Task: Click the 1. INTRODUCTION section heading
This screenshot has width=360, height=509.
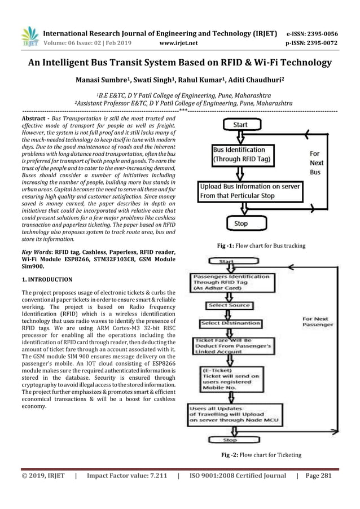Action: click(x=47, y=279)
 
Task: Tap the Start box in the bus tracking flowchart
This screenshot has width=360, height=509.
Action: click(x=240, y=124)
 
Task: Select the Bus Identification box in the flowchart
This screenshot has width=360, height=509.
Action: click(x=242, y=155)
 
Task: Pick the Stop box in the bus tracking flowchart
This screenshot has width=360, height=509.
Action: click(x=240, y=223)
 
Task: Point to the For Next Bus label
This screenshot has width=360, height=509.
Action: click(x=315, y=163)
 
